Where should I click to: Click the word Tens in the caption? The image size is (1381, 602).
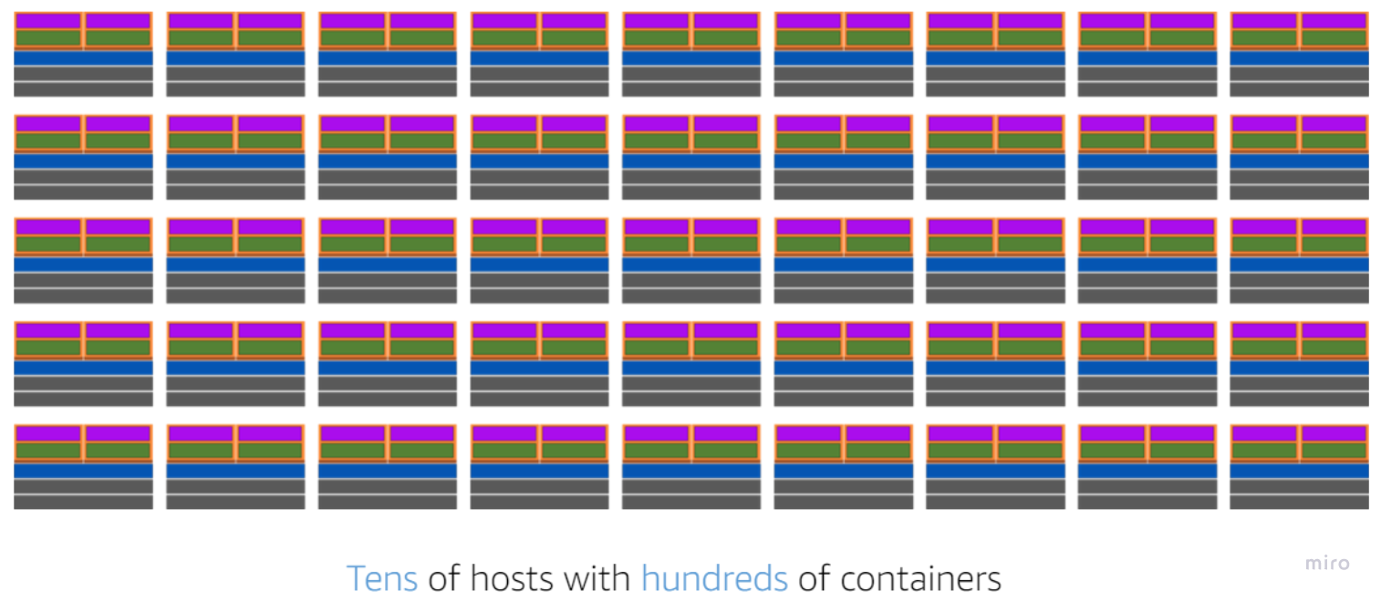(x=381, y=578)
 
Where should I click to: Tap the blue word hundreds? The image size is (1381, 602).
(x=714, y=578)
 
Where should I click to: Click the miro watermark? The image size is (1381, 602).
(x=1326, y=563)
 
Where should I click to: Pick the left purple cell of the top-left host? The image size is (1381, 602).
(x=48, y=21)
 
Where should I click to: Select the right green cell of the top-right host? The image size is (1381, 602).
(x=1334, y=38)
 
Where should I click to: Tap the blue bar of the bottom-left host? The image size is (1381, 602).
(x=83, y=471)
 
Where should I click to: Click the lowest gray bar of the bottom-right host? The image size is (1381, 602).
(x=1299, y=502)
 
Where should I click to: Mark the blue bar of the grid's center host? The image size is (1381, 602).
(x=691, y=265)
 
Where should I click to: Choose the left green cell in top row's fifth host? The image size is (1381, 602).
(x=657, y=38)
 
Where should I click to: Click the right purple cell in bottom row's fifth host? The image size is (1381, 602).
(x=726, y=433)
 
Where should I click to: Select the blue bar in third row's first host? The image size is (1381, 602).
(x=83, y=265)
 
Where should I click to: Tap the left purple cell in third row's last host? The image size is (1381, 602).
(x=1264, y=227)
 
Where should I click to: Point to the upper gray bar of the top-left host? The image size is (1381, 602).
(x=83, y=73)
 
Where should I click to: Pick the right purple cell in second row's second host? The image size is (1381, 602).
(x=270, y=124)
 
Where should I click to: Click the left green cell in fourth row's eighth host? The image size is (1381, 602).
(x=1113, y=348)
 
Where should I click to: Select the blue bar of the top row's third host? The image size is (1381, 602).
(x=388, y=57)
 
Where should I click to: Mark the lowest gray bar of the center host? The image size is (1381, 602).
(x=691, y=296)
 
